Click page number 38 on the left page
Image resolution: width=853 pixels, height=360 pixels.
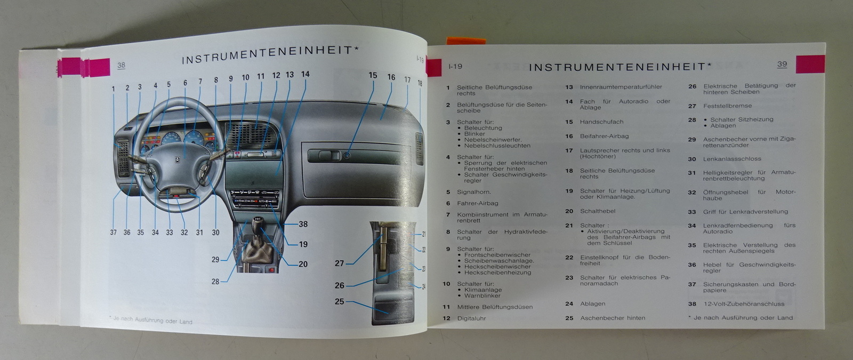[x=121, y=65]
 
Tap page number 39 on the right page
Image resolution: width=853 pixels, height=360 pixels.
[x=782, y=64]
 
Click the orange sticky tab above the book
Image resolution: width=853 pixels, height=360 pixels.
[x=466, y=41]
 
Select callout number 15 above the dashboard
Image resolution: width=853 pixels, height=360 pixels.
[x=373, y=75]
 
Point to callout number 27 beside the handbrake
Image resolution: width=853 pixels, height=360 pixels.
[x=339, y=263]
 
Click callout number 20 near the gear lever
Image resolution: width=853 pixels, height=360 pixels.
[x=303, y=264]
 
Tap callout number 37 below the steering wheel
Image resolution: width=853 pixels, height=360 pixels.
[x=114, y=233]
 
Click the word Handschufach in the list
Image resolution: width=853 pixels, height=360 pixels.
[x=602, y=122]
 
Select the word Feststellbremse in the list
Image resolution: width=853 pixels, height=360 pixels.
[x=728, y=106]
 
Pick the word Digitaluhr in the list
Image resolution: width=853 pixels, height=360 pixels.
[x=471, y=318]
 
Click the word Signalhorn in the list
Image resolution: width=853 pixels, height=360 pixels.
[x=474, y=192]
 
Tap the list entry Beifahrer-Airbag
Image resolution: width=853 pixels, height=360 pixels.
[x=605, y=136]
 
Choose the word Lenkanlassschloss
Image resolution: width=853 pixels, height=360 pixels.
[x=732, y=159]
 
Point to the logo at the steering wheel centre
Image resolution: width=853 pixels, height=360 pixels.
[x=177, y=160]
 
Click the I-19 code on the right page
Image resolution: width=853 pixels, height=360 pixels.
[x=455, y=67]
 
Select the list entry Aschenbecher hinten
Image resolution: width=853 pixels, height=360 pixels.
[x=613, y=318]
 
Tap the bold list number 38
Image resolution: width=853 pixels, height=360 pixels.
[x=692, y=304]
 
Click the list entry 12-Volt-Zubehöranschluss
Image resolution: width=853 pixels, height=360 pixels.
[x=744, y=304]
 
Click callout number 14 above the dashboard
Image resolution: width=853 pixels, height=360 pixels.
[x=305, y=74]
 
